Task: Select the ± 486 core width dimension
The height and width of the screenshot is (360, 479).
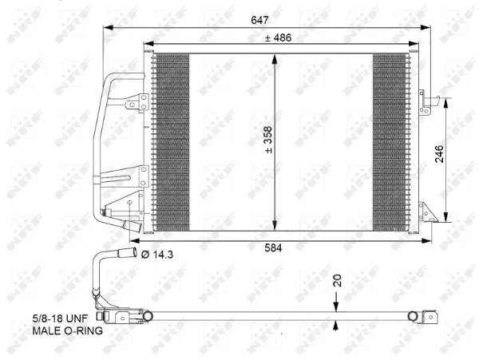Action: [x=279, y=37]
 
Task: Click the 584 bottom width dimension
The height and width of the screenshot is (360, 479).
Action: [x=276, y=248]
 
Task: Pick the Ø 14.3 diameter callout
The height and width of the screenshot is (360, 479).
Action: [x=158, y=255]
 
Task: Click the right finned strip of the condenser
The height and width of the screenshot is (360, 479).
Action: [x=390, y=142]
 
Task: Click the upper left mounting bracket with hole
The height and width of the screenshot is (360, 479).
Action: [x=144, y=102]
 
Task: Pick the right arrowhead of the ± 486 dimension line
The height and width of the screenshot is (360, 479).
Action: [x=413, y=45]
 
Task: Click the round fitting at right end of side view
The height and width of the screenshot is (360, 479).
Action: [x=414, y=316]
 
